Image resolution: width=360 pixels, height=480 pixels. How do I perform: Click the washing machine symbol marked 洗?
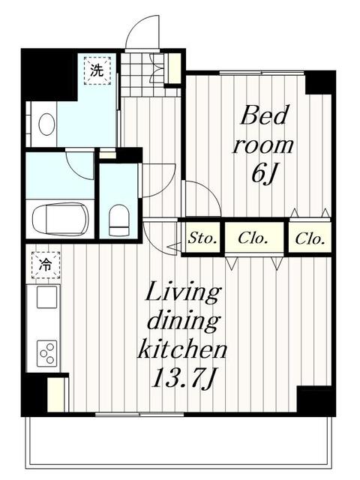[96, 71]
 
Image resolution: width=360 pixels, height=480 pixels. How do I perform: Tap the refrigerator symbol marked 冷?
[45, 265]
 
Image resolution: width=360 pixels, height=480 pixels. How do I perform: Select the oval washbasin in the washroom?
[46, 124]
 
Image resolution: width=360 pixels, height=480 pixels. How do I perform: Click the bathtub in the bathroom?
[60, 218]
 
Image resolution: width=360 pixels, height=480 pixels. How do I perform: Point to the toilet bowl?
[118, 218]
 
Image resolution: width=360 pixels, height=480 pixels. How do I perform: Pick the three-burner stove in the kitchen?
[46, 351]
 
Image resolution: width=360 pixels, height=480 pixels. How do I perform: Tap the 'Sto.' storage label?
[202, 239]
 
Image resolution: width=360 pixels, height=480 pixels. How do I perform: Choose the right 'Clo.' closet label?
[310, 239]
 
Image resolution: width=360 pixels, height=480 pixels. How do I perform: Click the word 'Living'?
[182, 292]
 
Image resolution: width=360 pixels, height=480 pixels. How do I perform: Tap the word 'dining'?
[182, 321]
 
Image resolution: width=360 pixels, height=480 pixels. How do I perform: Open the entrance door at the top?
[142, 34]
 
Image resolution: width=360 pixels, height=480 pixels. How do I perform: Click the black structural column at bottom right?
[315, 399]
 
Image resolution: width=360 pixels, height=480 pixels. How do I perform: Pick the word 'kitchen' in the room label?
[182, 349]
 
